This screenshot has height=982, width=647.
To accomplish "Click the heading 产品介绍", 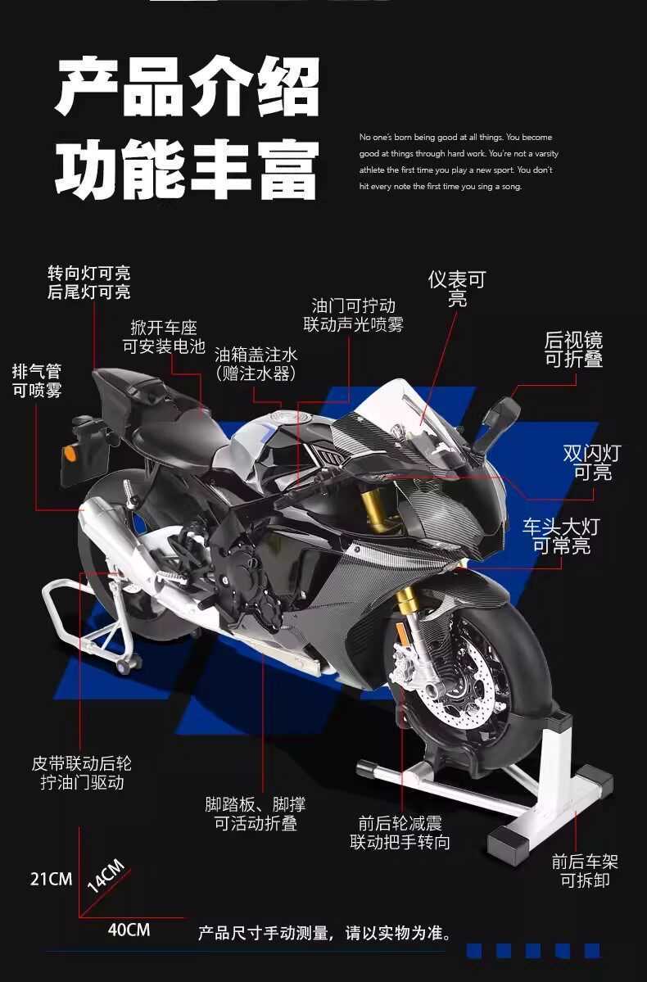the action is tap(188, 87).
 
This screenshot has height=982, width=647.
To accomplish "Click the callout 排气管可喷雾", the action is tap(37, 381).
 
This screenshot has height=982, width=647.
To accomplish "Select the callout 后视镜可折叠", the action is tap(573, 350).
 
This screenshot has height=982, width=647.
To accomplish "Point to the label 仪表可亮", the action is tap(457, 289).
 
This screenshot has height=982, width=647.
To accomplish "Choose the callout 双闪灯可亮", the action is tap(592, 462).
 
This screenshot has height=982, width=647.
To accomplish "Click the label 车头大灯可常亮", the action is tap(561, 536).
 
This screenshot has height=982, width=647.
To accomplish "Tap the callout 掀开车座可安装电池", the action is tap(164, 337).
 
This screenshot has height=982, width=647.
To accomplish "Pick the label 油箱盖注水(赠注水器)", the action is tap(256, 364).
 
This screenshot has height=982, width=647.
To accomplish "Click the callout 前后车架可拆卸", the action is tap(585, 871).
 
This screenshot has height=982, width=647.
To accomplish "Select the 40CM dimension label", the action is tap(129, 930).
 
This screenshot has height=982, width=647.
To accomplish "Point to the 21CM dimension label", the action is tap(52, 879).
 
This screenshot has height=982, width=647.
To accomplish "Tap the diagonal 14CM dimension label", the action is tap(106, 876).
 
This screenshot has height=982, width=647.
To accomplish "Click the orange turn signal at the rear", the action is tap(70, 452).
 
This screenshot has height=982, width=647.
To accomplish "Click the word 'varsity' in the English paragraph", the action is tap(546, 153).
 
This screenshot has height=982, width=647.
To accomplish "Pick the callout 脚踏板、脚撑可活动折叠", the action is tap(256, 813).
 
